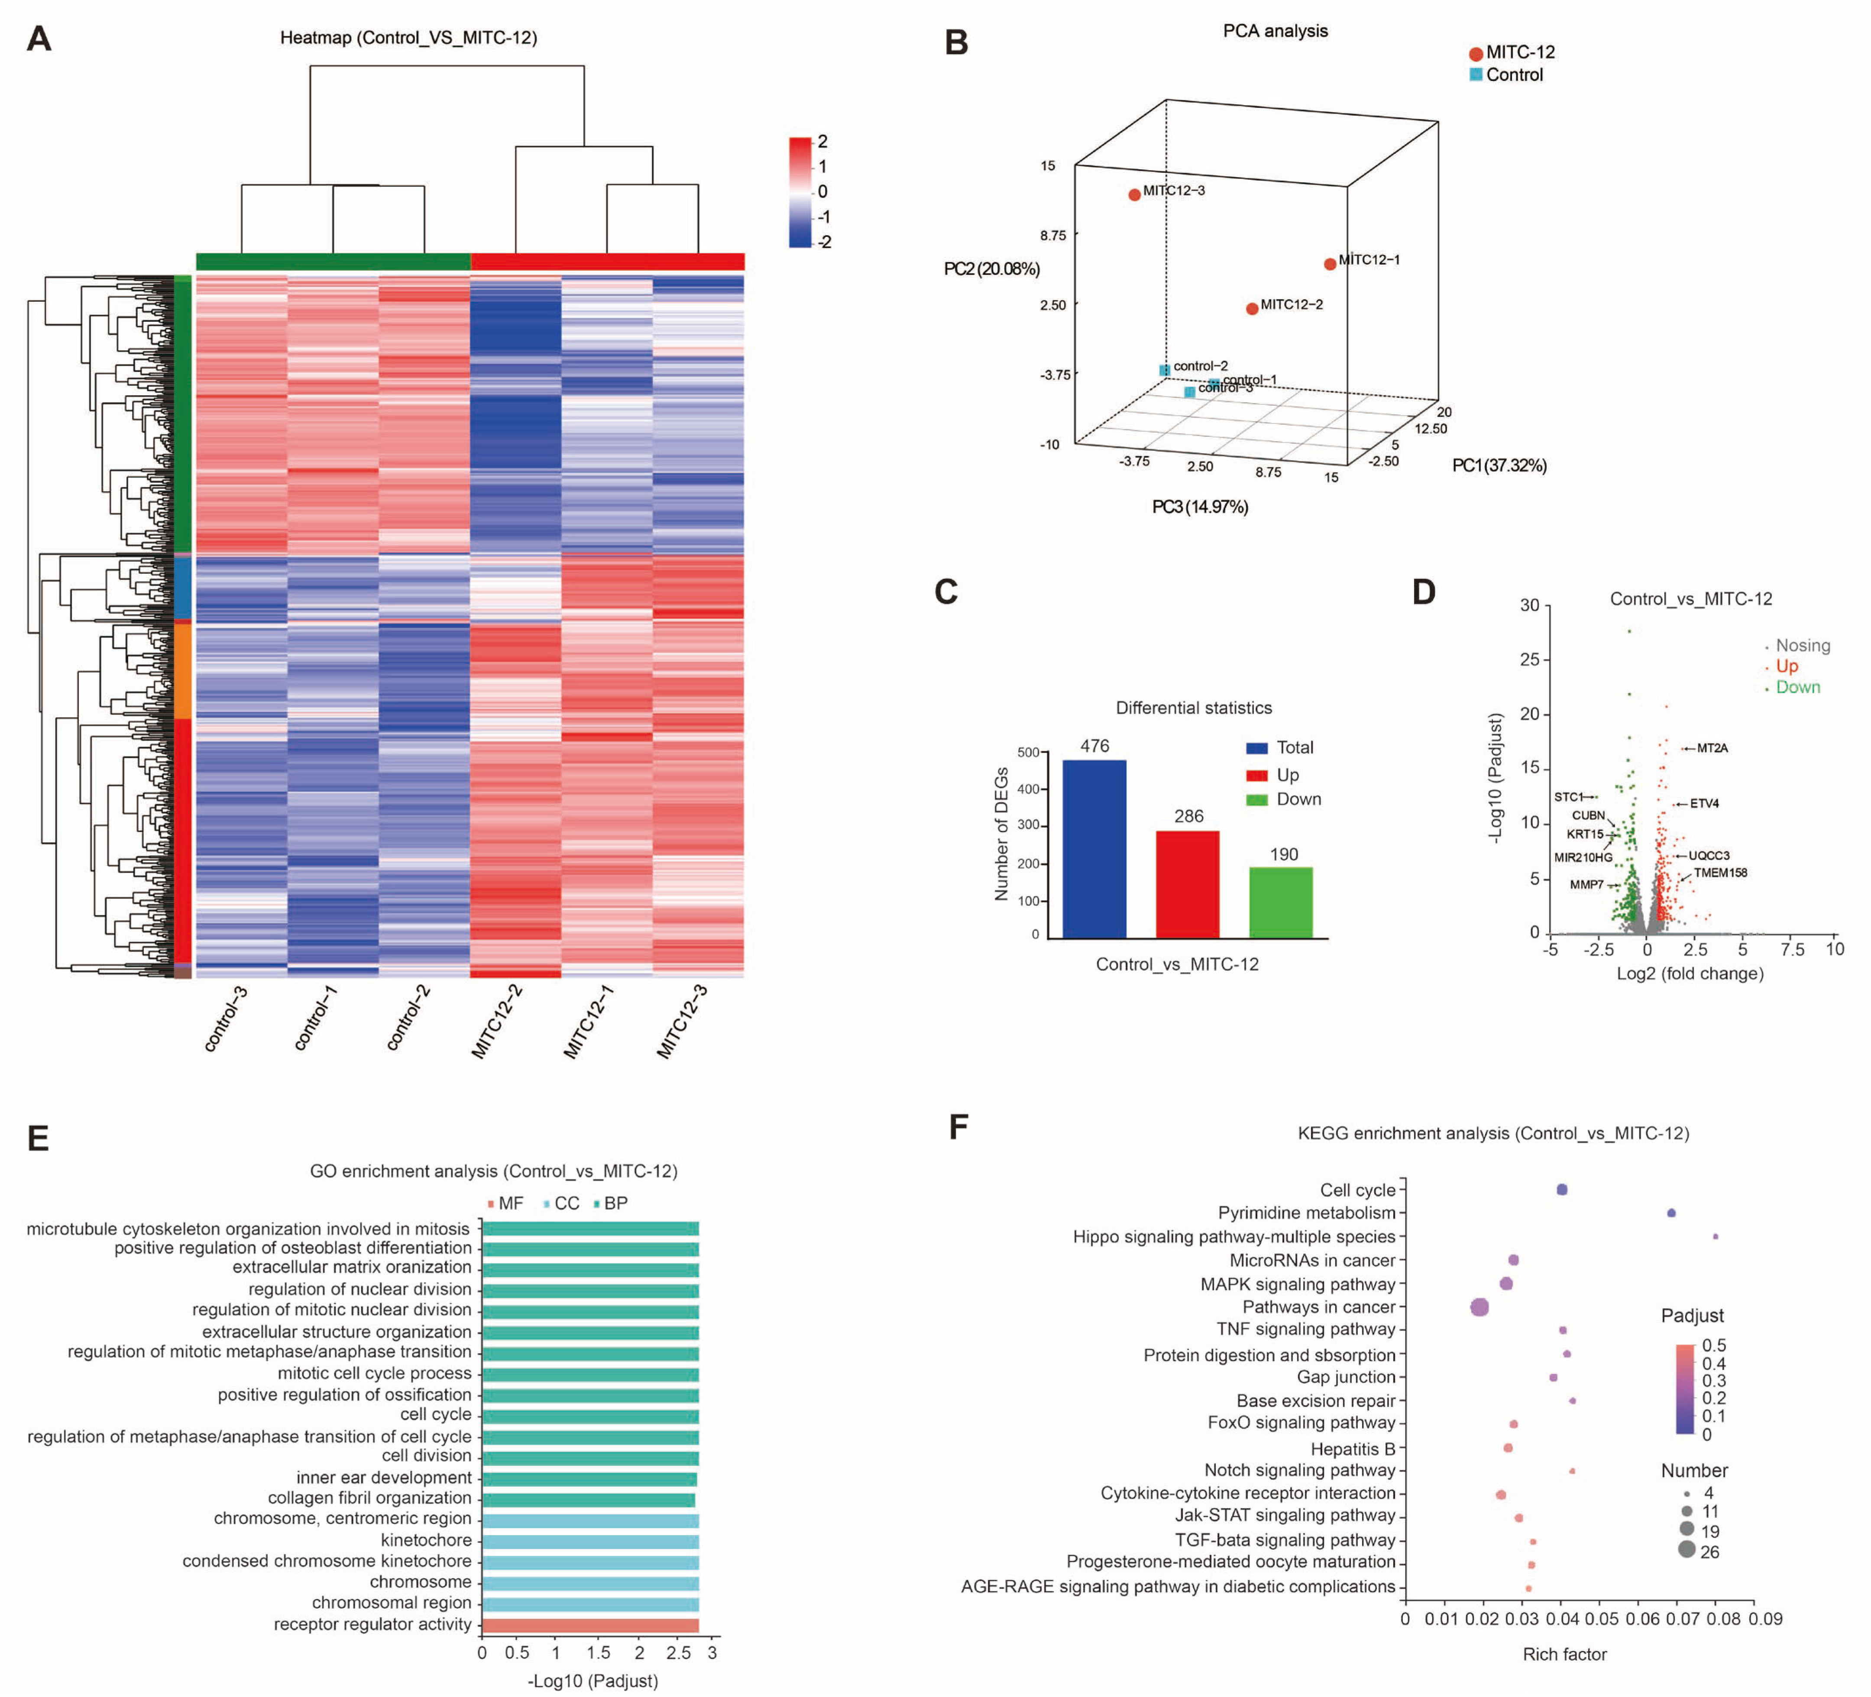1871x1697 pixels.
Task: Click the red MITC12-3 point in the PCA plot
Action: [x=1134, y=195]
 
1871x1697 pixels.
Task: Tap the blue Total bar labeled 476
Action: [x=1094, y=849]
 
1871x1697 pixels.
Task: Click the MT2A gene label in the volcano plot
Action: [x=1712, y=748]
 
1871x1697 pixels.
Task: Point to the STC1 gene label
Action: [x=1568, y=797]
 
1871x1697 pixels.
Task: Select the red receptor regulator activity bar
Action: [x=590, y=1625]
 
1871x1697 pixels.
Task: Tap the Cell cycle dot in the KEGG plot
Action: [x=1562, y=1190]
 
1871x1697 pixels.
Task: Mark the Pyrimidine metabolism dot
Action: [x=1671, y=1213]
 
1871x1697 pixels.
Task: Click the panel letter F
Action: [x=959, y=1127]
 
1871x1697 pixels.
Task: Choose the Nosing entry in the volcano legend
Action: [x=1802, y=645]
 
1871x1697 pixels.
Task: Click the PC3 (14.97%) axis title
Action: [x=1200, y=507]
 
